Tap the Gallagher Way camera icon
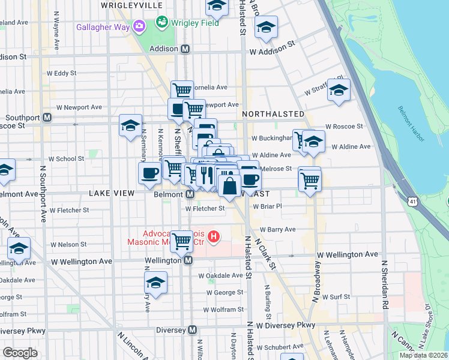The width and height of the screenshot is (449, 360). [139, 26]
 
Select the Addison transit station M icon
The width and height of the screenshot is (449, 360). [185, 49]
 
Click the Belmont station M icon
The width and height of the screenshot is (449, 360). [190, 194]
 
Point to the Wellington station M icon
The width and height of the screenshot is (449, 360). [188, 260]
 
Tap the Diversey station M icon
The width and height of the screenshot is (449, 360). [192, 329]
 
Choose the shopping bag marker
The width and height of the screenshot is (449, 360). [230, 186]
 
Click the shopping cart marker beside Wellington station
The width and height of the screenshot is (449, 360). [181, 242]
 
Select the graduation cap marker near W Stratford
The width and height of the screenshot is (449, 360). [339, 91]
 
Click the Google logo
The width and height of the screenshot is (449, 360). [20, 353]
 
